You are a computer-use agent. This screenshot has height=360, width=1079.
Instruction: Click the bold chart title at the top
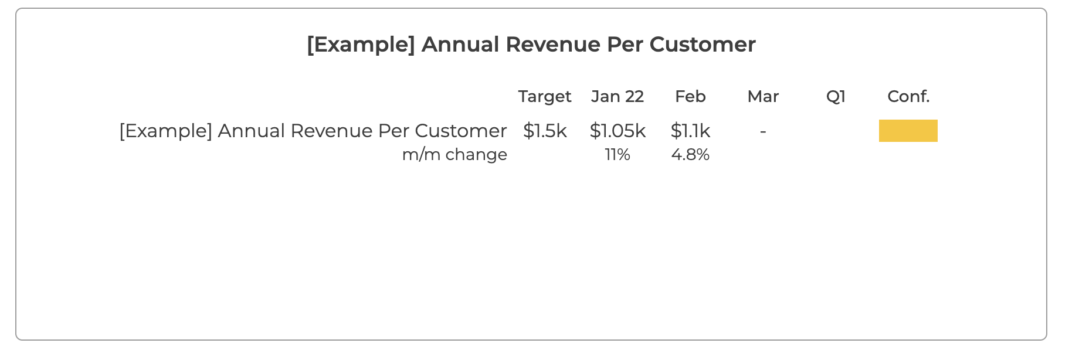pos(531,45)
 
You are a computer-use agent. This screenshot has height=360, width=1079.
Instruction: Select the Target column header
pos(545,97)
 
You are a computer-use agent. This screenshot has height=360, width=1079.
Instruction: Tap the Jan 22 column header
pos(617,96)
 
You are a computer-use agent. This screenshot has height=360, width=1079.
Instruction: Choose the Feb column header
pos(690,96)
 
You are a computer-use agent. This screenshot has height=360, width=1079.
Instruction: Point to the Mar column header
pos(763,96)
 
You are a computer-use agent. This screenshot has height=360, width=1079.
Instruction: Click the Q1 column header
pos(836,96)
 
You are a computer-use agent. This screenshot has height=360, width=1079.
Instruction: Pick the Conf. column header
pos(908,96)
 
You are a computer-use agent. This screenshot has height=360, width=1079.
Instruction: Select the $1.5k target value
pos(545,131)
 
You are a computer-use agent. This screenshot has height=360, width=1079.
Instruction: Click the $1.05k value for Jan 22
pos(617,131)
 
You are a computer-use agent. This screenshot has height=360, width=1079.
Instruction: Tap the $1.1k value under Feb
pos(690,131)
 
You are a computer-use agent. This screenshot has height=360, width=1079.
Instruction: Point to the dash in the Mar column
pos(763,132)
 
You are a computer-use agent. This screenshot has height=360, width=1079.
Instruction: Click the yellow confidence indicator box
pos(908,131)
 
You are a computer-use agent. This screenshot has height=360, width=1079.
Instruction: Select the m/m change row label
pos(454,155)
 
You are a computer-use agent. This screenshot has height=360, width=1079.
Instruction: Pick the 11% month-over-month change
pos(617,155)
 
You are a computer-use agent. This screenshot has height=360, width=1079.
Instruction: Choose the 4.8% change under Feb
pos(690,155)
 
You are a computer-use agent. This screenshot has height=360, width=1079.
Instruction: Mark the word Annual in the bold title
pos(460,45)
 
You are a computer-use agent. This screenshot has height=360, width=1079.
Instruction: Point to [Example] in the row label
pos(166,131)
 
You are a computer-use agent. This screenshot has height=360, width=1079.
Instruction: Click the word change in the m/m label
pos(476,155)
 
